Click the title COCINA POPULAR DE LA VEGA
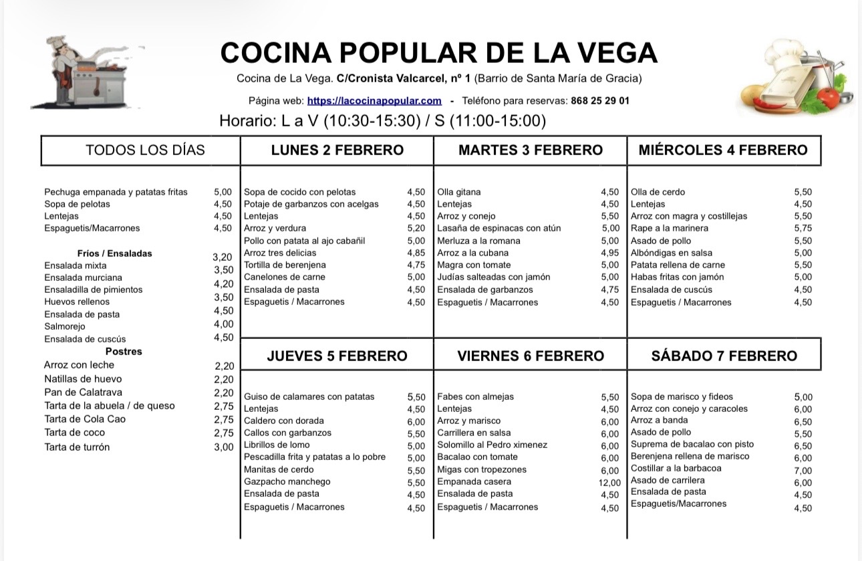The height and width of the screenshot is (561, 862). pos(438,53)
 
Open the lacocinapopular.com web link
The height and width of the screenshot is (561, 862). pos(374,101)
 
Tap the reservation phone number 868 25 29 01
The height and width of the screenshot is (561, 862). pos(600,101)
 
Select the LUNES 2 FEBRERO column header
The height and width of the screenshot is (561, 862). pos(337,150)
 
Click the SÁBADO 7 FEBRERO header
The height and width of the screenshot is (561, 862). pos(724,355)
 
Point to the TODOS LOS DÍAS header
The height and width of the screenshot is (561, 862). pos(145,150)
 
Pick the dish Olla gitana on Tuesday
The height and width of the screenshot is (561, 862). pos(458,192)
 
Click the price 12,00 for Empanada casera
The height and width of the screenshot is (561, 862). pos(610,483)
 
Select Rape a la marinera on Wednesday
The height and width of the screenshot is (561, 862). pos(660,228)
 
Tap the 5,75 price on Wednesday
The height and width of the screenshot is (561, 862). pos(803,229)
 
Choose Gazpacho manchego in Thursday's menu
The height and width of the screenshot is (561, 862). pos(287,481)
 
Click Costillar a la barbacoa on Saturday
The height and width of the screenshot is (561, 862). pos(676,468)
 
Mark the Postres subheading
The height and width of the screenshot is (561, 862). pos(124,352)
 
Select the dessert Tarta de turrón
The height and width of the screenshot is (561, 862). pos(77,447)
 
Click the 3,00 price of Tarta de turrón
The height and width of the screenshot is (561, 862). pos(224,447)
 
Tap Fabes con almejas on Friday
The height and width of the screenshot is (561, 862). pos(475,397)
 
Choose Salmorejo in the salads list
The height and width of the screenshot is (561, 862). pos(64,326)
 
